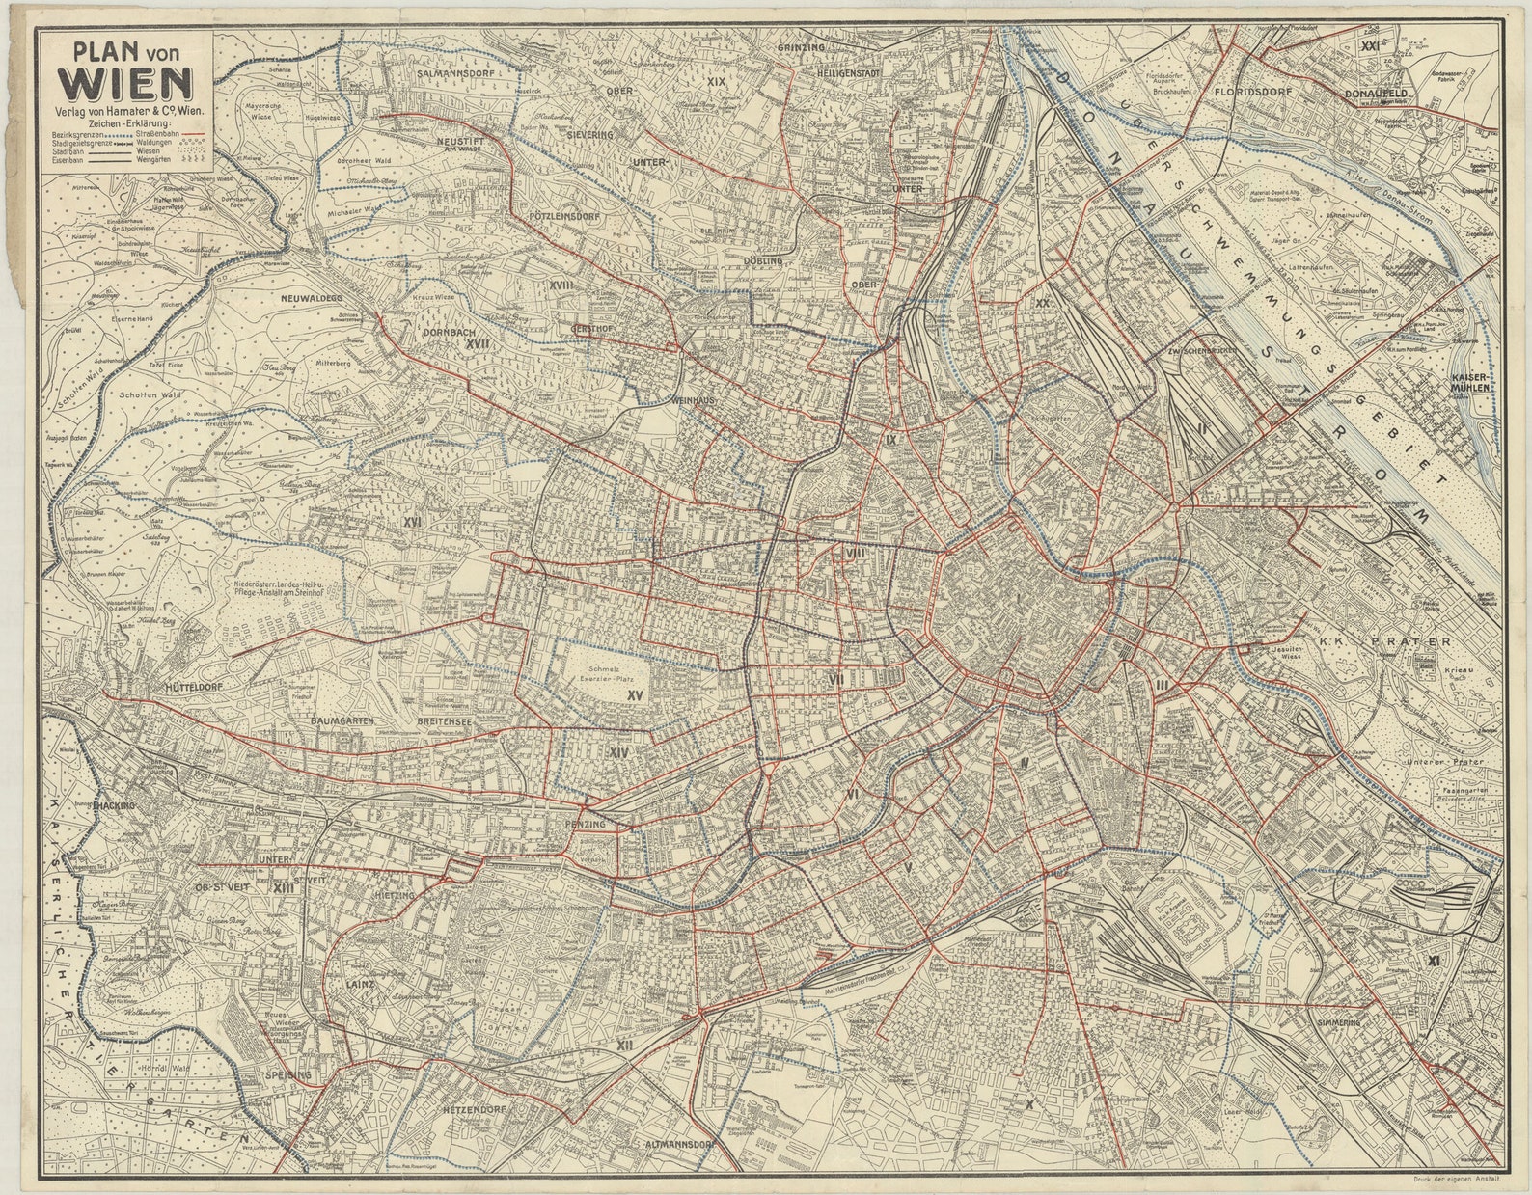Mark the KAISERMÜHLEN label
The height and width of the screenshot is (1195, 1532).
pyautogui.click(x=1464, y=382)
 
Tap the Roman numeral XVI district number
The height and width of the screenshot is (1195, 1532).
pyautogui.click(x=414, y=522)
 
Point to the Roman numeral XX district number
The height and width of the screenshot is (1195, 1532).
pyautogui.click(x=1042, y=303)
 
